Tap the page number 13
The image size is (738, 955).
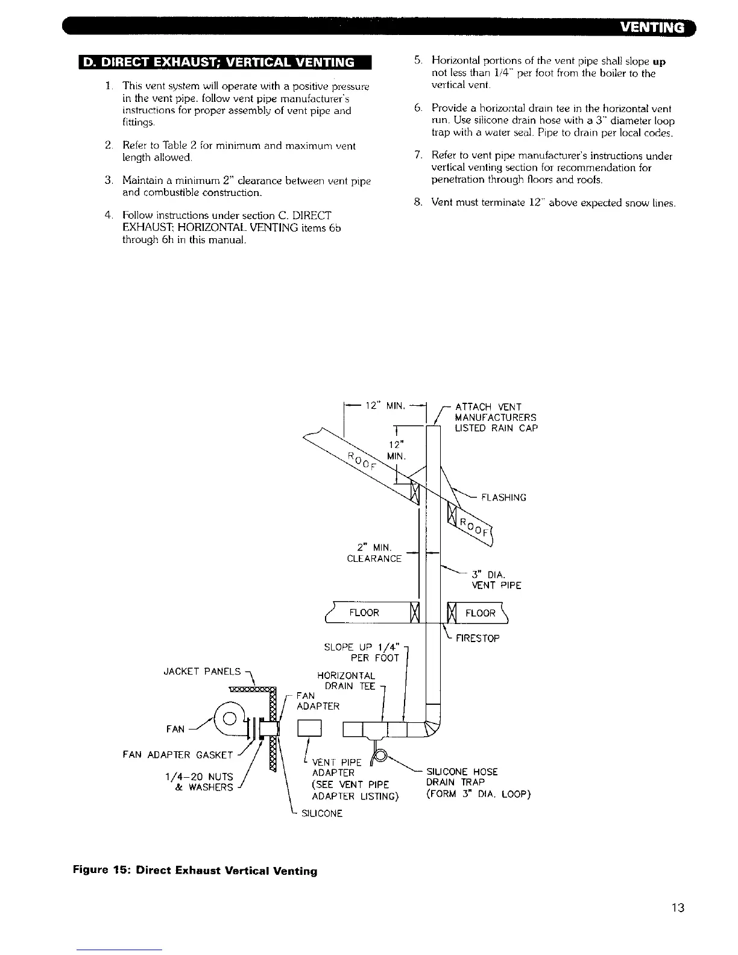[678, 907]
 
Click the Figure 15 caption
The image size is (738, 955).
[195, 871]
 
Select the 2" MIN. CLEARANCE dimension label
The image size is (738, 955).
[374, 553]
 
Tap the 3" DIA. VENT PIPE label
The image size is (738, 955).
[496, 579]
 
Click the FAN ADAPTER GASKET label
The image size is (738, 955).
[178, 754]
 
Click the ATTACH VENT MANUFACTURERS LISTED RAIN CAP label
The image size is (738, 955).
[495, 417]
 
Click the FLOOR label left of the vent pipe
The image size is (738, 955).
[364, 613]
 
